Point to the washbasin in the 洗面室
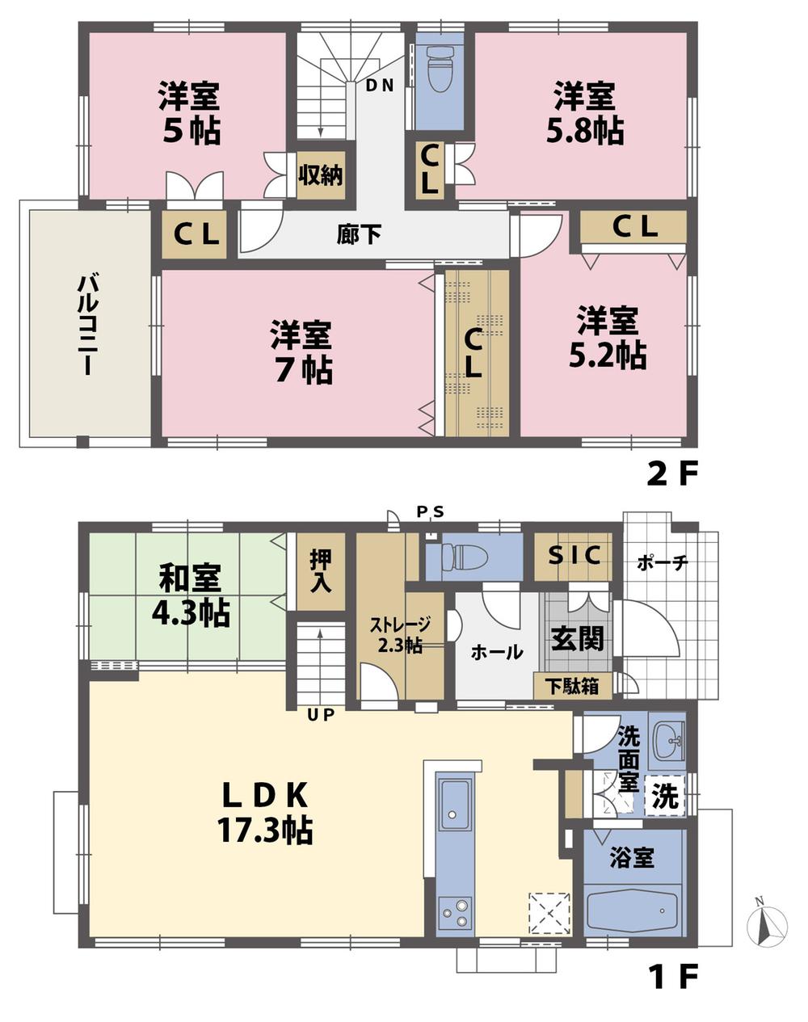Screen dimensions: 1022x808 [x=668, y=738]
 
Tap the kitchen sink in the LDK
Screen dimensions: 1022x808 [x=454, y=803]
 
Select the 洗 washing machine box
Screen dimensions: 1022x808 [x=665, y=797]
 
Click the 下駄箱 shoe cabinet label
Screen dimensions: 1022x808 [x=571, y=687]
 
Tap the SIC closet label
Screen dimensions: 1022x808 [x=574, y=556]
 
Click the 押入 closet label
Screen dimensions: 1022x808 [x=321, y=570]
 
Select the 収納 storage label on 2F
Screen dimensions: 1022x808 [x=321, y=175]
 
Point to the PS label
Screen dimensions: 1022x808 [x=430, y=511]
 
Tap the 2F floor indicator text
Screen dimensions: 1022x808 [x=671, y=474]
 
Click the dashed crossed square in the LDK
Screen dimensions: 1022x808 [x=549, y=914]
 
